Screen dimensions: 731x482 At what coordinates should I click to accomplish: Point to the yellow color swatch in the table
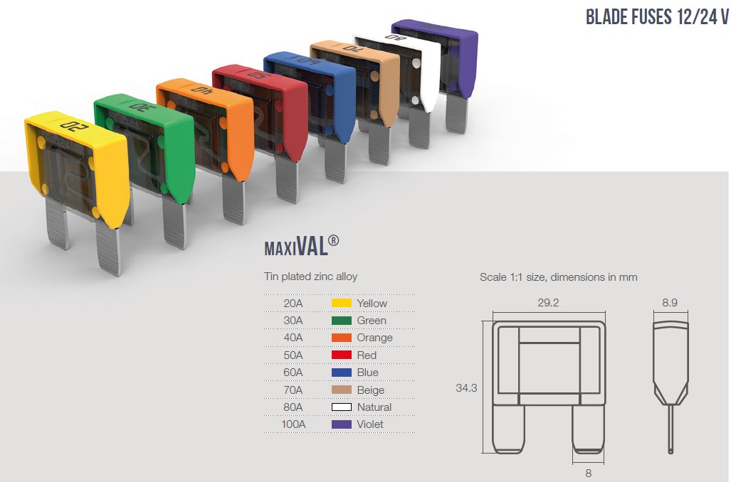341,303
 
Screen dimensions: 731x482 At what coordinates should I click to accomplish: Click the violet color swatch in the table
341,424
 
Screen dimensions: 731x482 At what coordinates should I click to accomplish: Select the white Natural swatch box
341,407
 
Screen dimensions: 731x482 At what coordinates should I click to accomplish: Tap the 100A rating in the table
293,424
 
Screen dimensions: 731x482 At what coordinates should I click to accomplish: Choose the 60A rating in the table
293,372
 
